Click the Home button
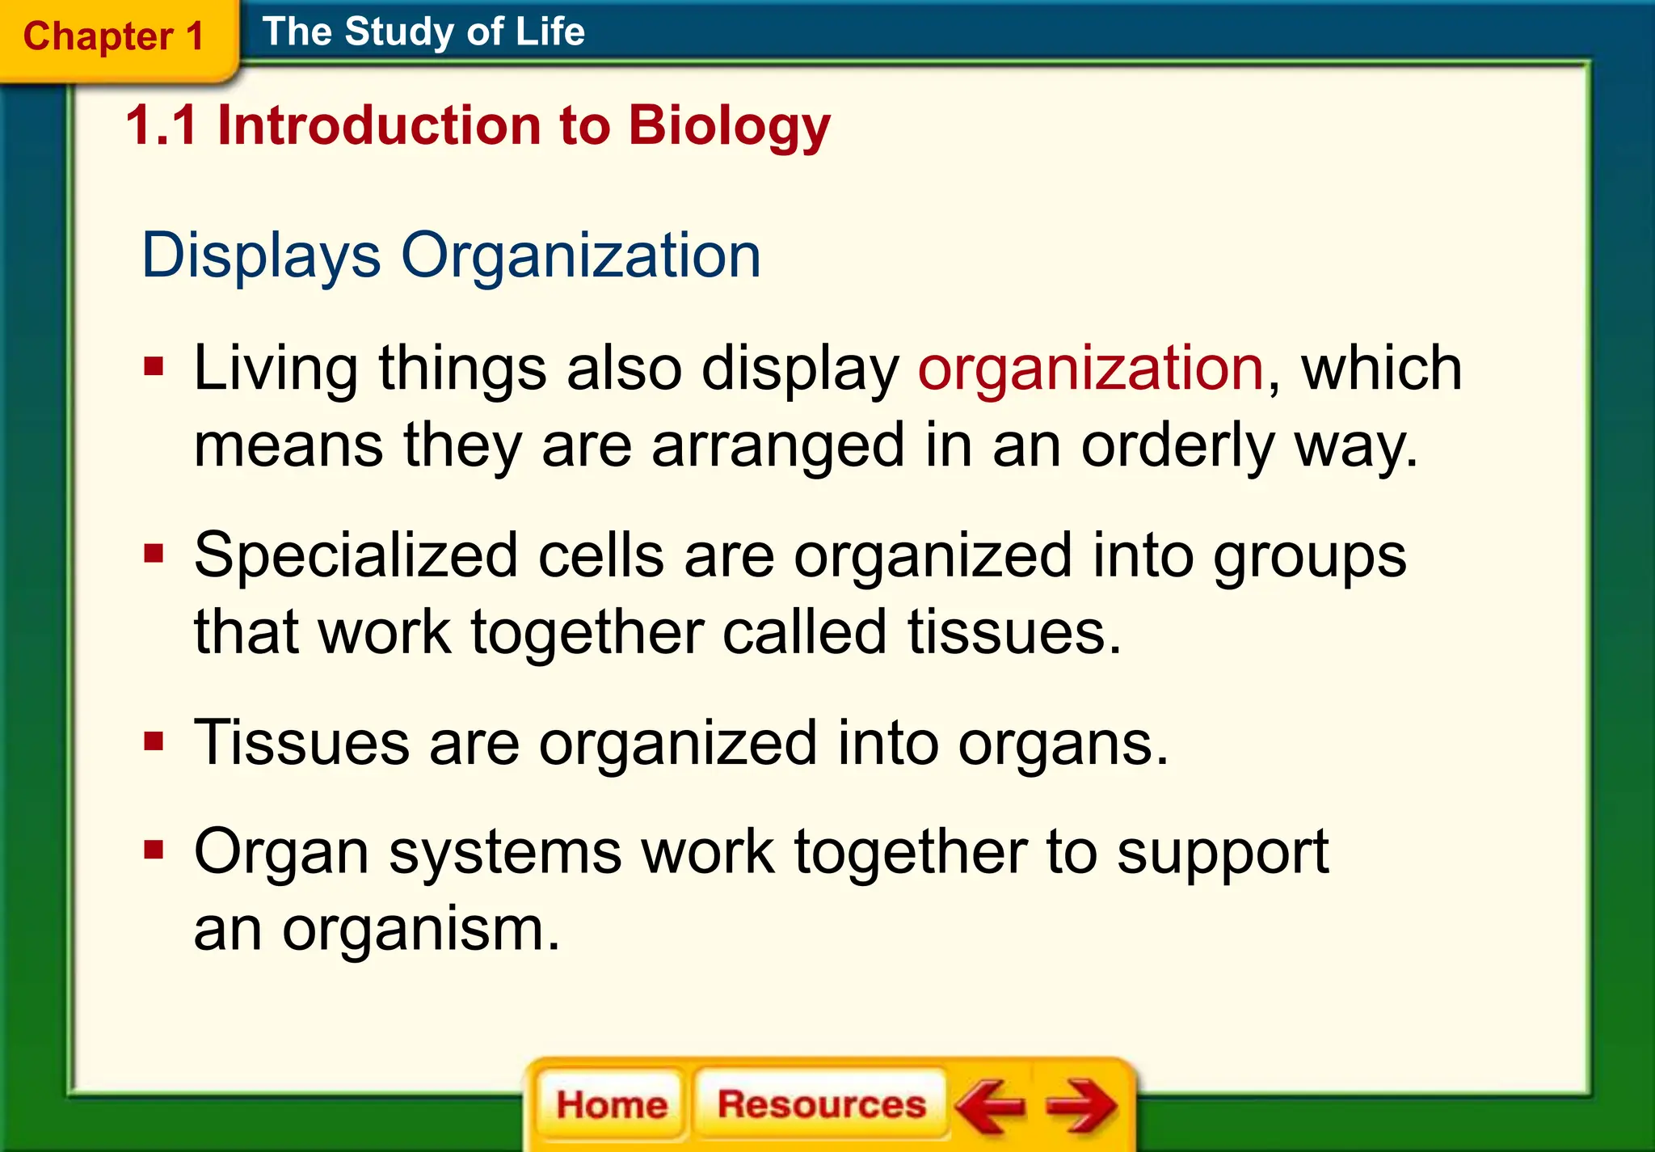click(611, 1104)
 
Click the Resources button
click(821, 1104)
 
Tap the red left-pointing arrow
click(990, 1105)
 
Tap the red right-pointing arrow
click(1081, 1105)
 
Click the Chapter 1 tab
click(113, 37)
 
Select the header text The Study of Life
click(423, 32)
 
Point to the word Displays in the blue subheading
click(260, 255)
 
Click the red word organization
click(1090, 369)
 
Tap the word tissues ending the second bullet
click(1013, 632)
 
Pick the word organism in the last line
click(420, 930)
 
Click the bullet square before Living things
click(154, 368)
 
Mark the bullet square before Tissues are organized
click(154, 741)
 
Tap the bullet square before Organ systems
click(154, 850)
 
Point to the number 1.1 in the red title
click(162, 127)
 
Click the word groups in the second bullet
click(1309, 558)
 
